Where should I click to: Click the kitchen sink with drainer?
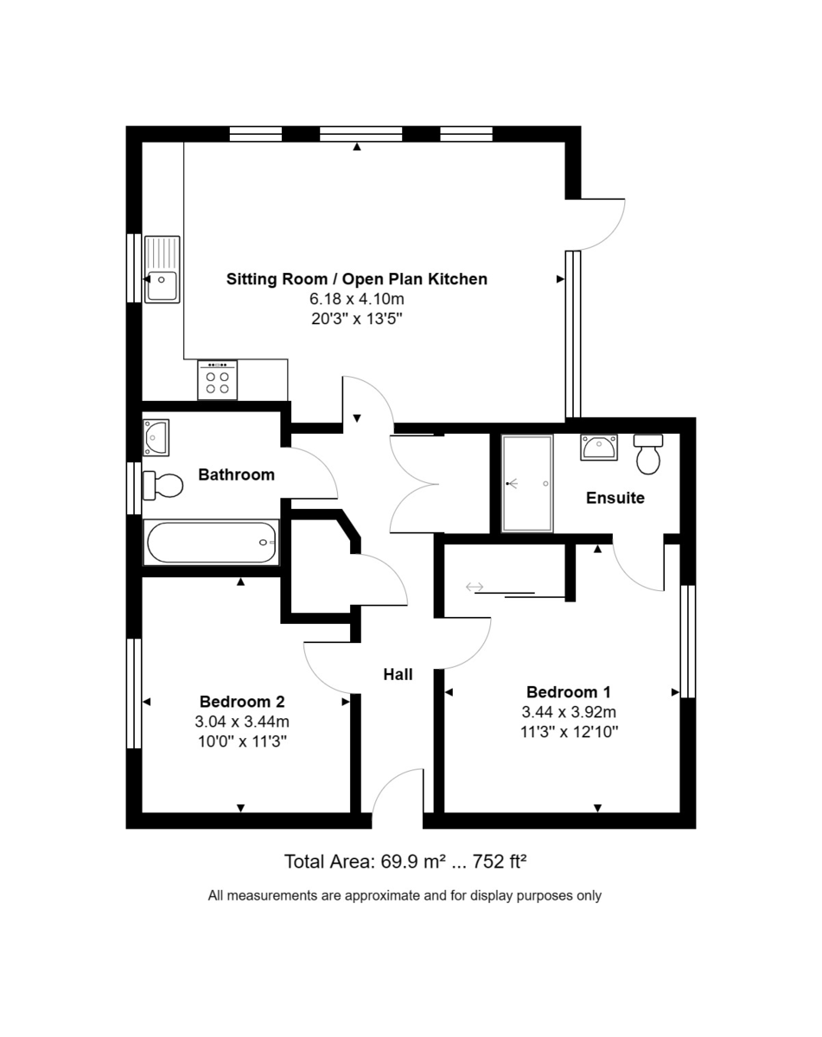tap(162, 269)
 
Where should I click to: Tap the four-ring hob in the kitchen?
tap(217, 380)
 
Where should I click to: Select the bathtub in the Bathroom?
tap(212, 542)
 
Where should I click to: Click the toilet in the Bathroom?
tap(162, 485)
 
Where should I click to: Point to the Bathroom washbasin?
tap(156, 436)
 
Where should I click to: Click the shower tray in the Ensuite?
tap(526, 483)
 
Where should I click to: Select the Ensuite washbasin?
tap(599, 447)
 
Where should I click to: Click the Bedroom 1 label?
tap(568, 691)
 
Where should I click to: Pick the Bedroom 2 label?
tap(242, 701)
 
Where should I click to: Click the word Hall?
tap(398, 674)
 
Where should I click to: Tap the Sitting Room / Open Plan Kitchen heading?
tap(356, 279)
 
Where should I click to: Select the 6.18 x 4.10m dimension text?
tap(356, 299)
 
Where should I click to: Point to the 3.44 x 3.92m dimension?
tap(568, 712)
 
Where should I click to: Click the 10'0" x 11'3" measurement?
tap(242, 741)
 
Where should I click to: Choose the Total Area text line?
tap(405, 861)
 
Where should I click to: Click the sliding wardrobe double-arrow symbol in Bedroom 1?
tap(475, 588)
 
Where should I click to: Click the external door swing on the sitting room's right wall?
tap(601, 223)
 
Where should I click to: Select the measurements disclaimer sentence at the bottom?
tap(405, 895)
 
